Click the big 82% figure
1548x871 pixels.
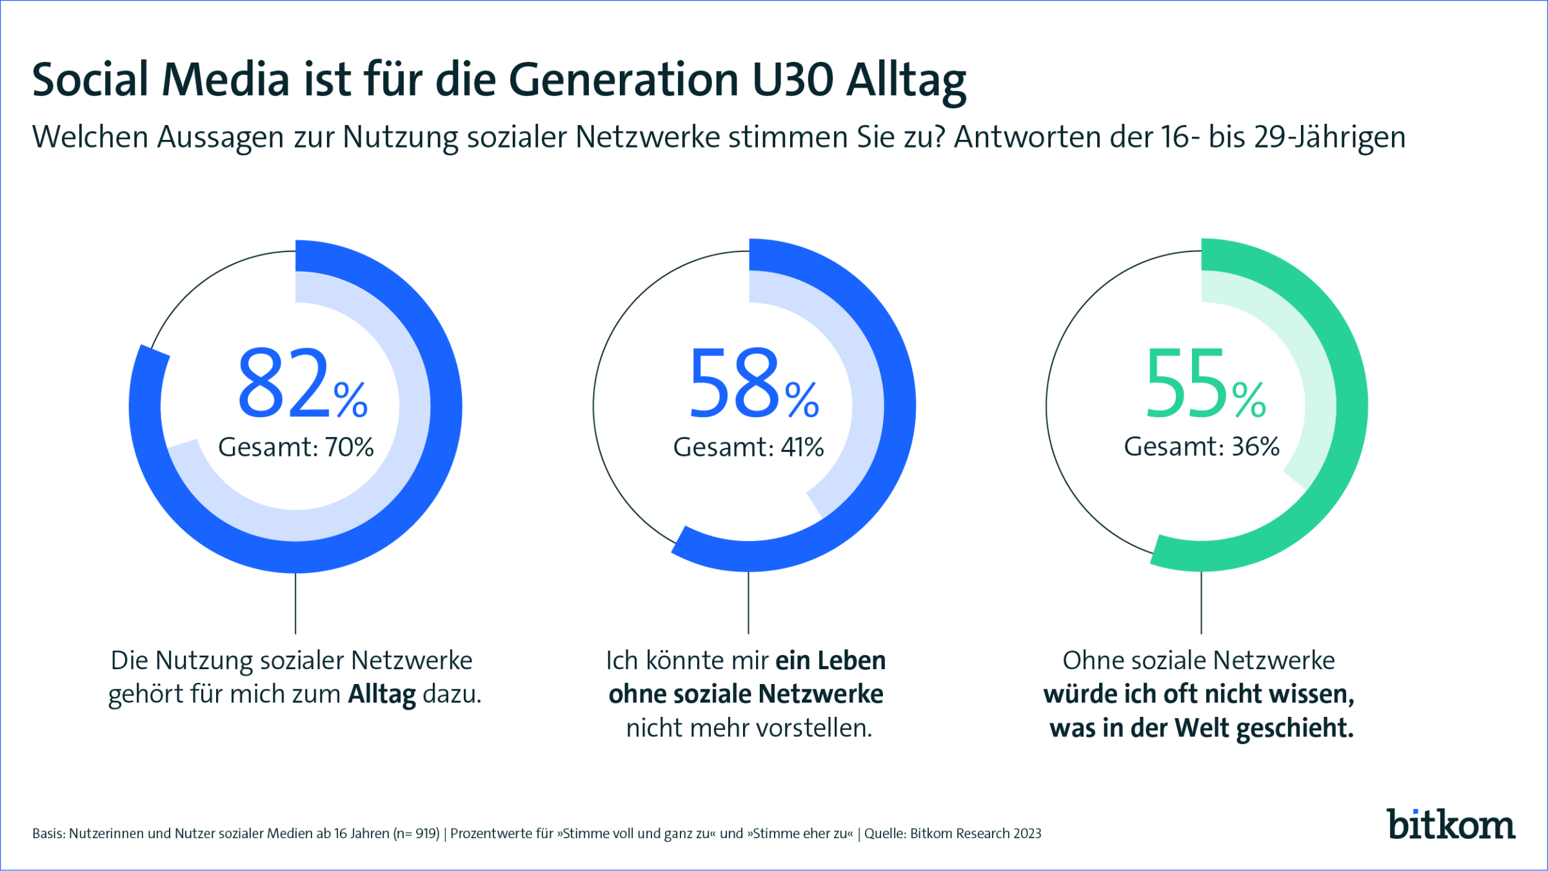(x=302, y=383)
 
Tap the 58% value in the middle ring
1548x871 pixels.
(x=753, y=383)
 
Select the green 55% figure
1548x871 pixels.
(x=1205, y=383)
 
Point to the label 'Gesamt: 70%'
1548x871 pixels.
(x=296, y=447)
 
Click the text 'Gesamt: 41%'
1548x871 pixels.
(x=748, y=447)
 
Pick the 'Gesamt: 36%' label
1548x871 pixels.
(x=1202, y=446)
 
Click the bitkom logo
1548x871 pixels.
(x=1451, y=825)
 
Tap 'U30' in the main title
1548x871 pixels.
(x=793, y=80)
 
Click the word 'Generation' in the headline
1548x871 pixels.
(x=623, y=80)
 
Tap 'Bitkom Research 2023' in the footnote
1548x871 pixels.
(x=975, y=834)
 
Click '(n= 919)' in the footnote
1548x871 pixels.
(x=417, y=834)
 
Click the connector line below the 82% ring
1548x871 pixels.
(x=295, y=603)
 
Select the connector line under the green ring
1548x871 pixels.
(x=1201, y=603)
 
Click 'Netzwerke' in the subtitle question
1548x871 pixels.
(x=648, y=137)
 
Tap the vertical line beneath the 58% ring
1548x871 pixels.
(x=748, y=603)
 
